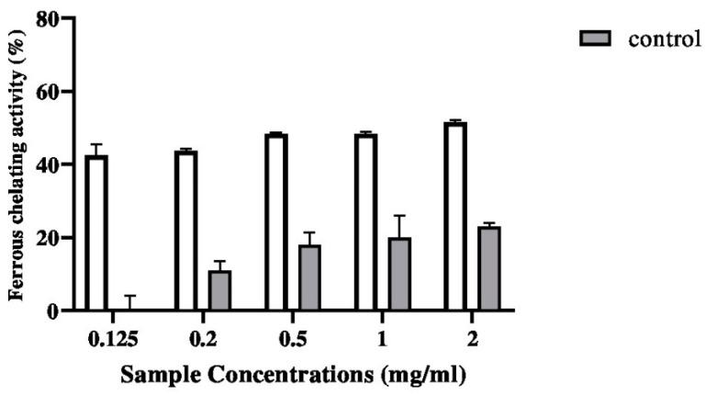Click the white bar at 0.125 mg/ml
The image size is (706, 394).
96,233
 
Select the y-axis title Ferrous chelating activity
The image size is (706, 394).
17,163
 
